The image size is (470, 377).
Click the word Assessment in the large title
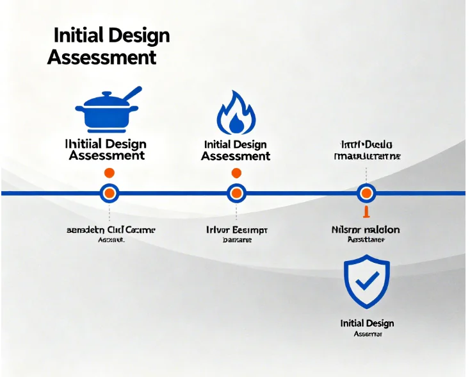click(x=102, y=57)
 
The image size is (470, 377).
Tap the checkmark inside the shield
click(x=367, y=281)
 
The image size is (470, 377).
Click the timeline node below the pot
click(x=109, y=192)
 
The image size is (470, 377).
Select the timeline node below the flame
click(x=236, y=192)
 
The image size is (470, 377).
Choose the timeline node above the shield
click(x=366, y=192)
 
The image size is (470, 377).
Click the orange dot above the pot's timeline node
click(x=109, y=172)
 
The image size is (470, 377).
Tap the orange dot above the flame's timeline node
click(x=236, y=172)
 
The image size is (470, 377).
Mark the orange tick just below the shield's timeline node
click(x=366, y=212)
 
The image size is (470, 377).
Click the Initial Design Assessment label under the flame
click(x=236, y=151)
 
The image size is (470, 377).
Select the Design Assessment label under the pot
click(x=106, y=149)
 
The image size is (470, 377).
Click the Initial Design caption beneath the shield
click(x=367, y=323)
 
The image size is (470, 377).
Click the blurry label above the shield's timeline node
click(x=367, y=150)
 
